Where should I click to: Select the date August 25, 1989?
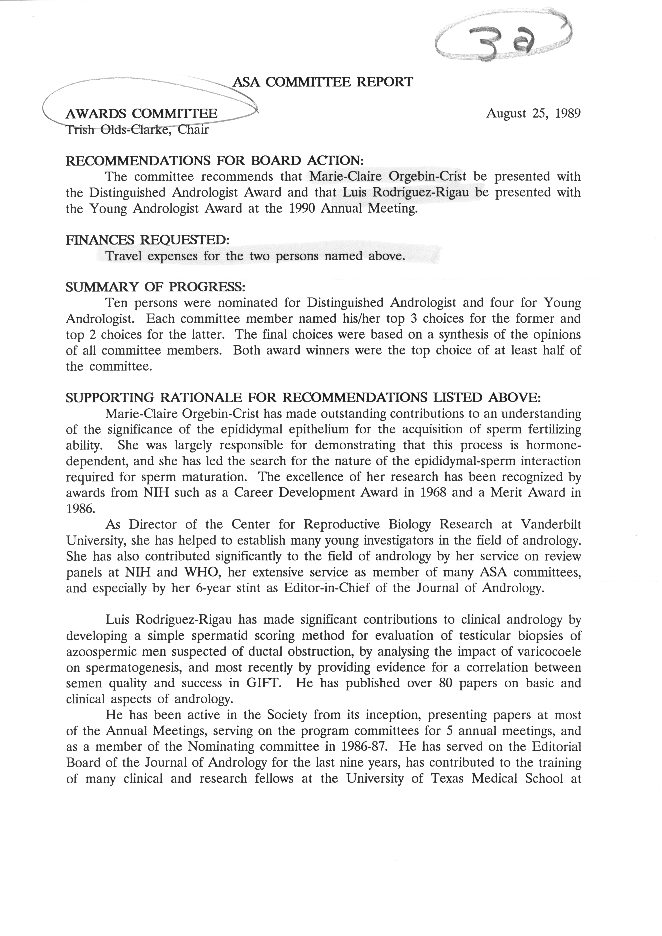(x=533, y=113)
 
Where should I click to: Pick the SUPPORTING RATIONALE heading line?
(x=303, y=398)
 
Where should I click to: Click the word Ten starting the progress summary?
(x=117, y=303)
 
